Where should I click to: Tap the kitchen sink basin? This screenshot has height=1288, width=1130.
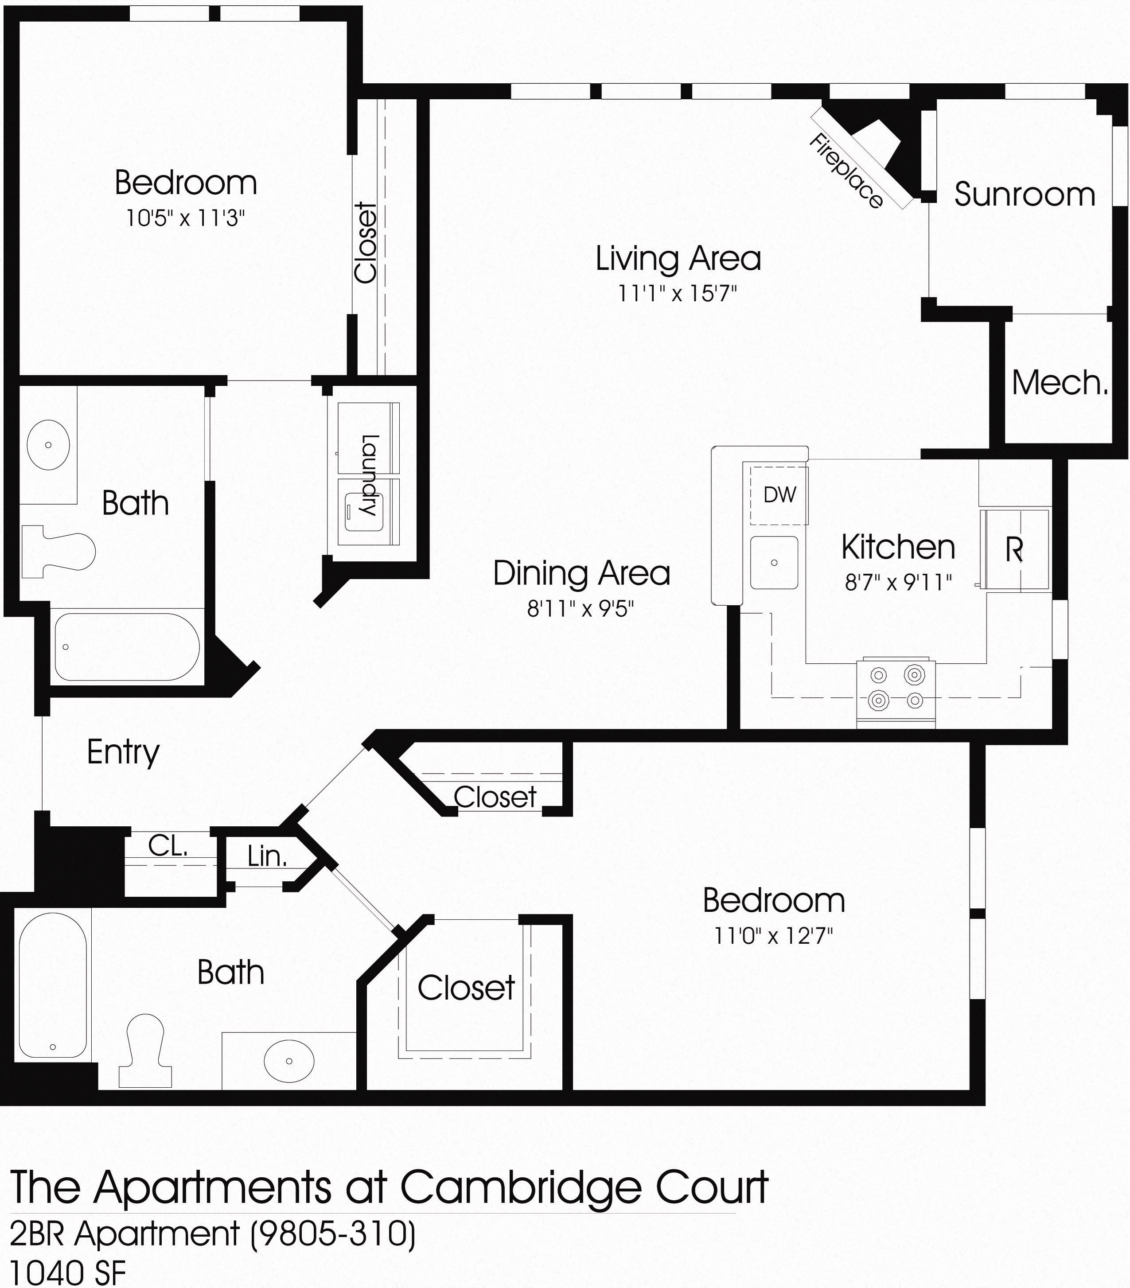774,562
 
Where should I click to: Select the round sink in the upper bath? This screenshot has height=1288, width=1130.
49,445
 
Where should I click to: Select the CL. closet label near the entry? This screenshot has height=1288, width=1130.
168,846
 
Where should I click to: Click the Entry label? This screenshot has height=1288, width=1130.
123,752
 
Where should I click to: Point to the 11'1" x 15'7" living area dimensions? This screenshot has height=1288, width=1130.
678,293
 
